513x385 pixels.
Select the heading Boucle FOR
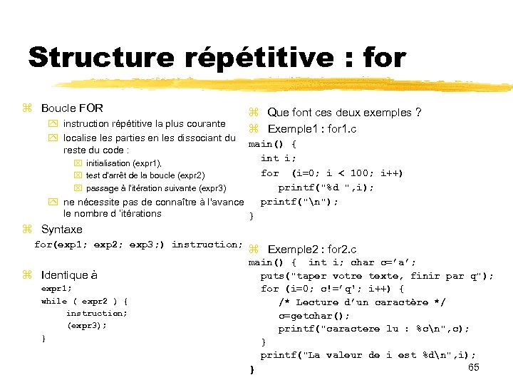tap(72, 108)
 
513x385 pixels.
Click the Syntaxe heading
tap(61, 230)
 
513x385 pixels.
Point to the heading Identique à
tap(69, 275)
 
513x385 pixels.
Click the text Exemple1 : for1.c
tap(311, 129)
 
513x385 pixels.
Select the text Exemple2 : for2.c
tap(311, 250)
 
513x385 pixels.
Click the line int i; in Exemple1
tap(279, 158)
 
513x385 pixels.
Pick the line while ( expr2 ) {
tap(84, 301)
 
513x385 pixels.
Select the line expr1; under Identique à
tap(56, 289)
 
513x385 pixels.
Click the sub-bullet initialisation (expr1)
tap(124, 163)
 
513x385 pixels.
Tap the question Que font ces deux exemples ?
tap(344, 113)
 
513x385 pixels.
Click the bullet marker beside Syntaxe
tap(27, 230)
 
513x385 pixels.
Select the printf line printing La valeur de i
tap(368, 355)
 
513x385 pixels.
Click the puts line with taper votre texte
tap(376, 276)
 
